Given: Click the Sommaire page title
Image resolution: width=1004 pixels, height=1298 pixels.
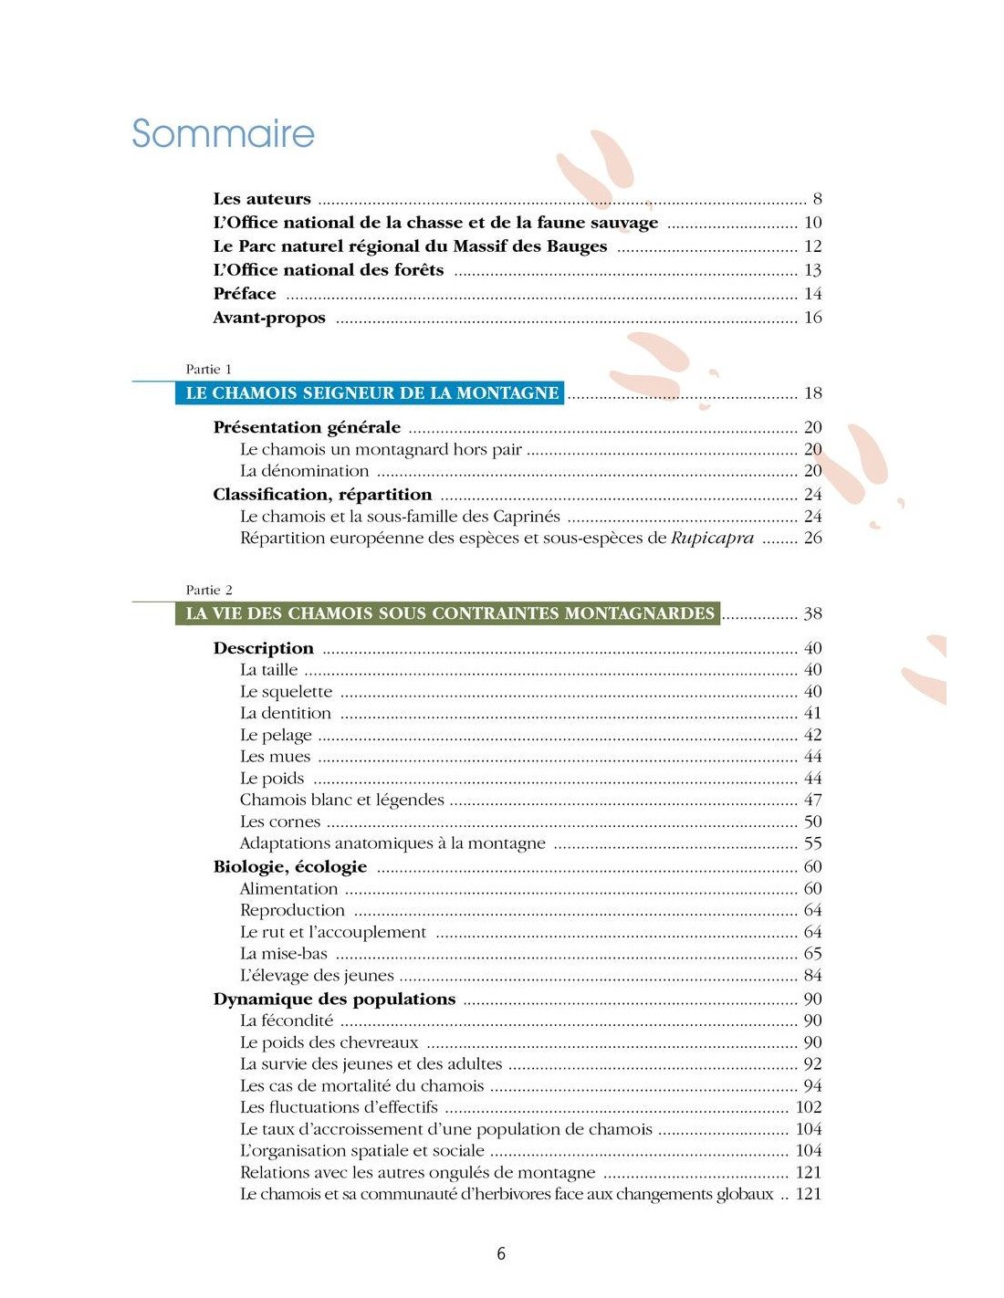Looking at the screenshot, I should tap(223, 133).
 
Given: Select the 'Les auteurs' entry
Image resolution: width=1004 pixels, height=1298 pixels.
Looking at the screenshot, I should tap(262, 199).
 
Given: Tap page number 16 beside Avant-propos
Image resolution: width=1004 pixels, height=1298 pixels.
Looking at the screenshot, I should tap(812, 318).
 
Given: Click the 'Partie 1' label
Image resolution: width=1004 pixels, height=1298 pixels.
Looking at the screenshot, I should tap(208, 370).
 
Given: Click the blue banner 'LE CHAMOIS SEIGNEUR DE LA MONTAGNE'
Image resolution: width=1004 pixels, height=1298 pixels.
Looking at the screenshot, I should tap(371, 393).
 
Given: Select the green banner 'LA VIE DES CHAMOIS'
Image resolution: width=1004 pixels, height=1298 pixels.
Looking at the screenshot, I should tap(449, 613).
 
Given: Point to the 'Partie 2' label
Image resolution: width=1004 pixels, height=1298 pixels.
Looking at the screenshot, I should tap(209, 591).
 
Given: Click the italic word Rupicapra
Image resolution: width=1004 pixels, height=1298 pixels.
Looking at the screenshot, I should tap(712, 539).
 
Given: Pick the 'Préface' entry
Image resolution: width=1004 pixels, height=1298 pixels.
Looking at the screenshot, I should tap(245, 294).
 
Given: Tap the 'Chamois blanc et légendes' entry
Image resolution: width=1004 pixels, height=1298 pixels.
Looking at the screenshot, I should tap(341, 801).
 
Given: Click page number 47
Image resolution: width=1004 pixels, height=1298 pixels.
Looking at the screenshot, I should tap(812, 801).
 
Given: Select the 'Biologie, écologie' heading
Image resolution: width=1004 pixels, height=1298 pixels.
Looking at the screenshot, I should tap(290, 867).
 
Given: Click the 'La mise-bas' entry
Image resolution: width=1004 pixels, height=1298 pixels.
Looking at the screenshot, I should tap(283, 954).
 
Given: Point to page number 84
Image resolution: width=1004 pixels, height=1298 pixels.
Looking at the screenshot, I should tap(812, 976).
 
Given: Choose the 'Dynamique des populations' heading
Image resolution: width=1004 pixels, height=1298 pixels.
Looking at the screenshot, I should tap(334, 1000).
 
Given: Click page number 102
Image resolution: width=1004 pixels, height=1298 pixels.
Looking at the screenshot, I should tap(809, 1107).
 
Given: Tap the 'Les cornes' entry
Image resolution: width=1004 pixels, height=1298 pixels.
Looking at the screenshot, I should tap(280, 822).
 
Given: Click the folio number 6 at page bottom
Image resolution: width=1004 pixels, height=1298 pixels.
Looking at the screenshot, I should tap(501, 1254).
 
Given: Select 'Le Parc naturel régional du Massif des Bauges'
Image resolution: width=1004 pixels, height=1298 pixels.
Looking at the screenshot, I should tap(410, 246).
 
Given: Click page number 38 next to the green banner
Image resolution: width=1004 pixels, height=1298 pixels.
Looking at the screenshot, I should tap(812, 614).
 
